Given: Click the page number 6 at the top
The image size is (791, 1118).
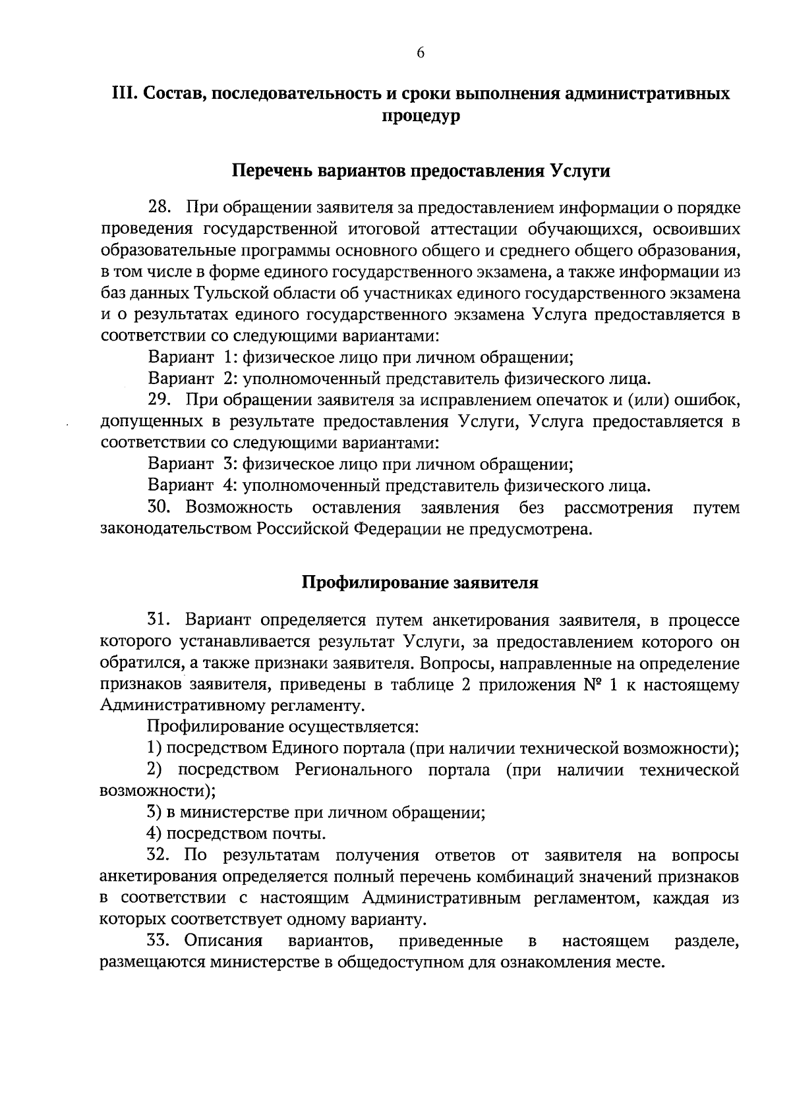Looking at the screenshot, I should tap(420, 53).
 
